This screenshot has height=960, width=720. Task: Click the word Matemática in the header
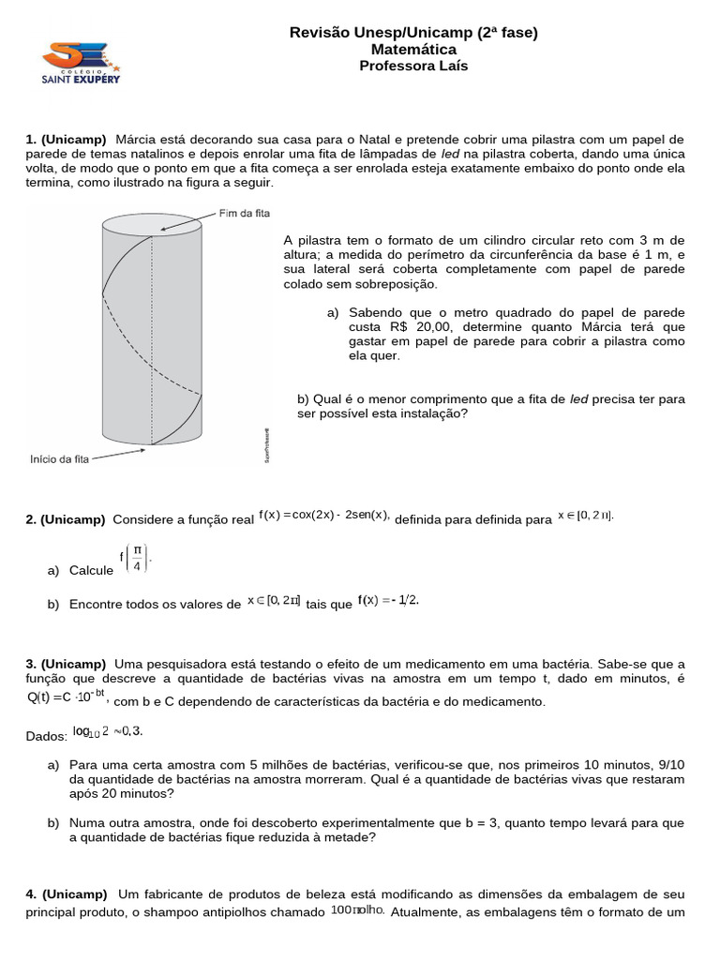413,50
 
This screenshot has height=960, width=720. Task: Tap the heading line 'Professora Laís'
413,66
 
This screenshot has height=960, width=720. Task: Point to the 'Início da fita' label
59,458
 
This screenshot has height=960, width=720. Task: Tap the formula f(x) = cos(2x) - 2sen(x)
324,514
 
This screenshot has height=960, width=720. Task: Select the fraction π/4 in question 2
137,559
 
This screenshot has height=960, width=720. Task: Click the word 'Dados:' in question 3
47,737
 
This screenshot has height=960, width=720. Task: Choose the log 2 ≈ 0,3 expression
108,731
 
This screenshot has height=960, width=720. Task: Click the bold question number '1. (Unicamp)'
66,140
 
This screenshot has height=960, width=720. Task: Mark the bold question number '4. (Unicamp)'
66,893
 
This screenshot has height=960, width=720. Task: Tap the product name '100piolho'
357,910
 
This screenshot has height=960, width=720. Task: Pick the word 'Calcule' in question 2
91,570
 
